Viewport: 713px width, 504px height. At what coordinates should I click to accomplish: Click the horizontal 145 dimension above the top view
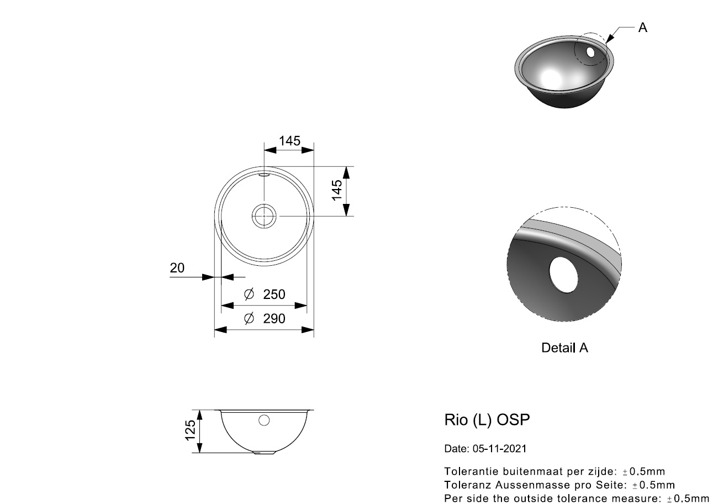point(289,141)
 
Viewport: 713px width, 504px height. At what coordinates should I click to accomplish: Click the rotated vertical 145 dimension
point(337,191)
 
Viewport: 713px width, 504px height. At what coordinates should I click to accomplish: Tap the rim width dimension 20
point(177,268)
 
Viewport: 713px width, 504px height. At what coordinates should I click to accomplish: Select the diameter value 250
point(274,295)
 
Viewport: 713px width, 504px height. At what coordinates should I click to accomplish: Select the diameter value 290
point(274,319)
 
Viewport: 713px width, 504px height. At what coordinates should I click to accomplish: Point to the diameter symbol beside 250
point(249,295)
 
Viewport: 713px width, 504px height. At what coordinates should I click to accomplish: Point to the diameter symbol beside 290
point(249,319)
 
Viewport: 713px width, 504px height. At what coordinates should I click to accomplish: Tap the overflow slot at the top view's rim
point(264,174)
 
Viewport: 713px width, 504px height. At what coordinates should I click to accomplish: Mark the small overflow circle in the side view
point(264,421)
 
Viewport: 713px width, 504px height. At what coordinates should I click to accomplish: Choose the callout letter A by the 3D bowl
point(642,28)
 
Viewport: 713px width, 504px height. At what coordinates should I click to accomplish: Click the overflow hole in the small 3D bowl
point(590,53)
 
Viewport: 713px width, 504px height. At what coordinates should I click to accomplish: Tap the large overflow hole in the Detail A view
point(563,275)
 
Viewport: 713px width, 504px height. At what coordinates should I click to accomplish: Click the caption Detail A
point(564,348)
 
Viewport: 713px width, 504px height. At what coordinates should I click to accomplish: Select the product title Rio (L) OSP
point(487,420)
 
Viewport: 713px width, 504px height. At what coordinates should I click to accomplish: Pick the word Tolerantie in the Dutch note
point(469,471)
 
